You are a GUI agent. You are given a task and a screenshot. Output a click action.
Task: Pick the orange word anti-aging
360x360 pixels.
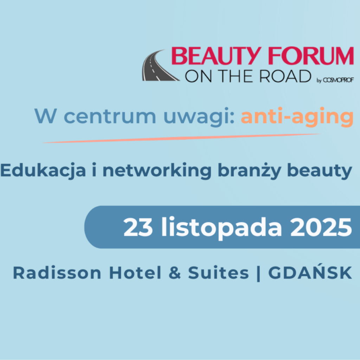[x=297, y=117]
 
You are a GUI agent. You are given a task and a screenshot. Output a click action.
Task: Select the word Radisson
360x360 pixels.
[x=57, y=273]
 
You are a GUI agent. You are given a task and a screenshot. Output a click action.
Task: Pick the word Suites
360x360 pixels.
[x=218, y=273]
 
